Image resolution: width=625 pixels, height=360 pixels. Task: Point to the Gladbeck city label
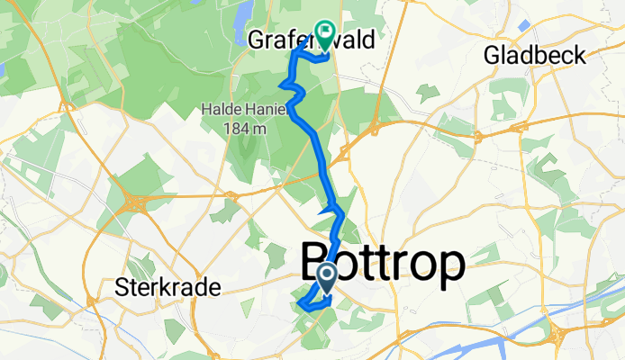click(x=534, y=56)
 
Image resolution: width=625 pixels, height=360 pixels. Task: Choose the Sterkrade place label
click(x=168, y=289)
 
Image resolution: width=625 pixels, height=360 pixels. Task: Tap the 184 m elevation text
click(x=245, y=129)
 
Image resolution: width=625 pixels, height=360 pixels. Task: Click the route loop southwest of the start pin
click(x=307, y=303)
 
